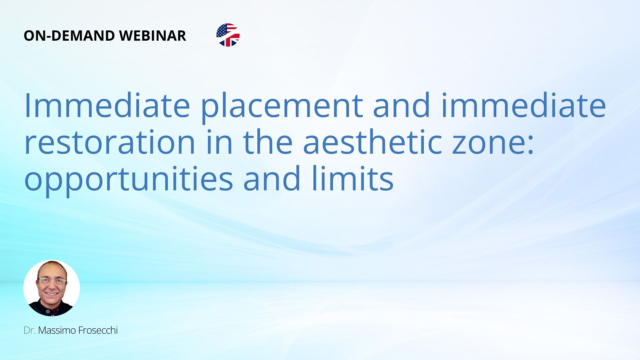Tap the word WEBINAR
[153, 36]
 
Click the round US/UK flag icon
[228, 35]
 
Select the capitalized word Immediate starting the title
[107, 106]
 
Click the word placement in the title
[282, 107]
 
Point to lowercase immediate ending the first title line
[524, 106]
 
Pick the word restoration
[110, 142]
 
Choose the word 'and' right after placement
[402, 106]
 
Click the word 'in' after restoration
[219, 142]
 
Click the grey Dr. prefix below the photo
[29, 330]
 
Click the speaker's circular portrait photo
[52, 288]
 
